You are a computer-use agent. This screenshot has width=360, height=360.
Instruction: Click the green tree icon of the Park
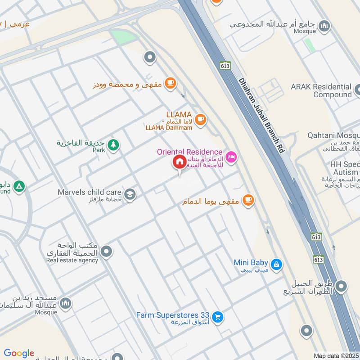114,144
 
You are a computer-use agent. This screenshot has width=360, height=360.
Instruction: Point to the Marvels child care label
89,193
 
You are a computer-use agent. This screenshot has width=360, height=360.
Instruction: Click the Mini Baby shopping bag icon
277,264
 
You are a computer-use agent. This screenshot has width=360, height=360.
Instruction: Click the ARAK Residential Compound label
321,90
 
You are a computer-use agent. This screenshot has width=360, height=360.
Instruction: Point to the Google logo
19,353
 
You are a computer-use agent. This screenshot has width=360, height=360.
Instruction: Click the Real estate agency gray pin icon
107,252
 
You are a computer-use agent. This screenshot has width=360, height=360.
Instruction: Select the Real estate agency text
72,261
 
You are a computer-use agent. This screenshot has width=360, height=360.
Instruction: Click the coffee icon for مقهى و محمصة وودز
170,83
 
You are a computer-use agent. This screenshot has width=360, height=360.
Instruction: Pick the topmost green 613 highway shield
225,66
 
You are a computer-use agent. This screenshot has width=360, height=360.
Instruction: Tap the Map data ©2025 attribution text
335,355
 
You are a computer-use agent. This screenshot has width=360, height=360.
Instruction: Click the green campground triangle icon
18,185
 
